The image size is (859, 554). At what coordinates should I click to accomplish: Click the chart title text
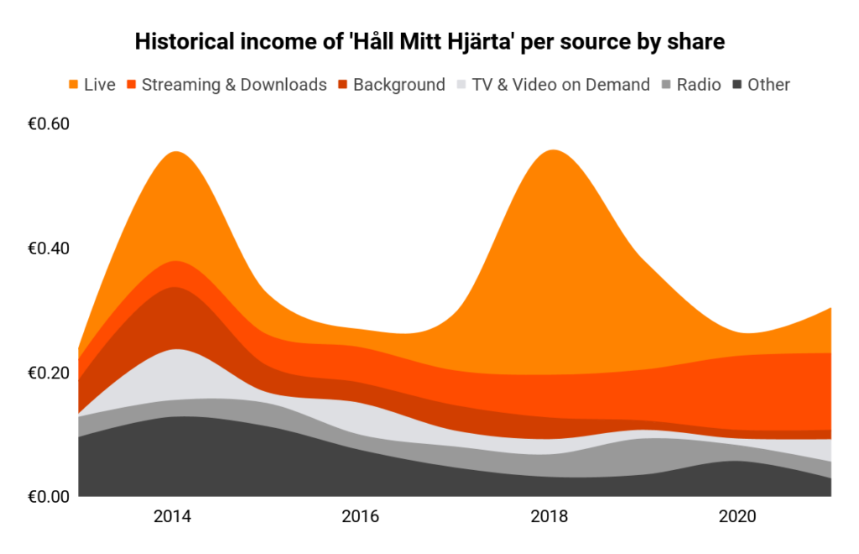point(429,42)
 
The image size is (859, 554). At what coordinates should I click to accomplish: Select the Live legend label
point(100,84)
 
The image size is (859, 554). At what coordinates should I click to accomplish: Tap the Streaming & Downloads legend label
point(234,84)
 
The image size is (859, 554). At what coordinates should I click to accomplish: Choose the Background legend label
point(398,84)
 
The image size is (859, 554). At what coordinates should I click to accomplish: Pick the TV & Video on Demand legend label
point(560,84)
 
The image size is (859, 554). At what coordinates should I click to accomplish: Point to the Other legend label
point(768,84)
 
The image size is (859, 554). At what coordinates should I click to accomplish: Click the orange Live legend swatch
point(74,84)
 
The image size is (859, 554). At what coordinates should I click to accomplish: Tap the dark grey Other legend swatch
point(738,84)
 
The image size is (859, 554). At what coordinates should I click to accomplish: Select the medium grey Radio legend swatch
point(667,84)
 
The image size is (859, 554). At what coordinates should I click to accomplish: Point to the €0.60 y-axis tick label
point(49,124)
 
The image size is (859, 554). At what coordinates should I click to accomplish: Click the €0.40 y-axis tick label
point(49,248)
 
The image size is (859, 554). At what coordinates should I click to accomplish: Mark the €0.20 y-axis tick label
point(49,373)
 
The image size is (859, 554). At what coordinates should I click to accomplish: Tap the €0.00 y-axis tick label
point(49,497)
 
